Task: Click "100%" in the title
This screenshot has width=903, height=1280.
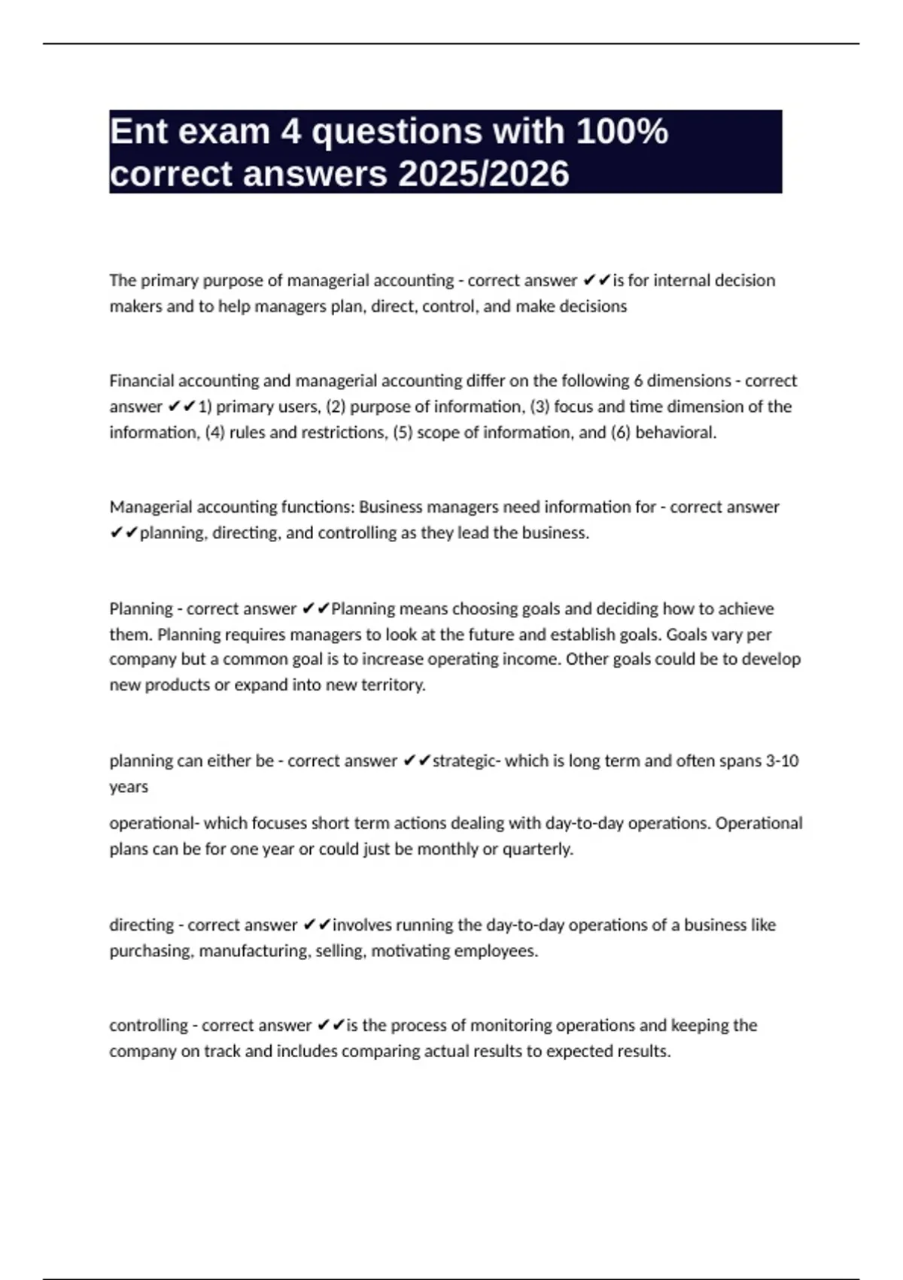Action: (x=622, y=132)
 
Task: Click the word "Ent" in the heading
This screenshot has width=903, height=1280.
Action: (x=138, y=132)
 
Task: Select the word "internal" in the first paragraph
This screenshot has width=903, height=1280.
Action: (x=682, y=280)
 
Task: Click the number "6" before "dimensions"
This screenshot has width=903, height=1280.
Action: (x=638, y=380)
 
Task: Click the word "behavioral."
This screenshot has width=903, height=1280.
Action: (x=676, y=432)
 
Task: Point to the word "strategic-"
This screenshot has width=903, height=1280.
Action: (x=466, y=760)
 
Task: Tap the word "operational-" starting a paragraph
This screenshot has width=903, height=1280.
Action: (x=154, y=823)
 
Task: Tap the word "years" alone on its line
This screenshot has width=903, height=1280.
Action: (x=129, y=787)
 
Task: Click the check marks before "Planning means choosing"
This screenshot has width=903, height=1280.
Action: (x=315, y=608)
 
